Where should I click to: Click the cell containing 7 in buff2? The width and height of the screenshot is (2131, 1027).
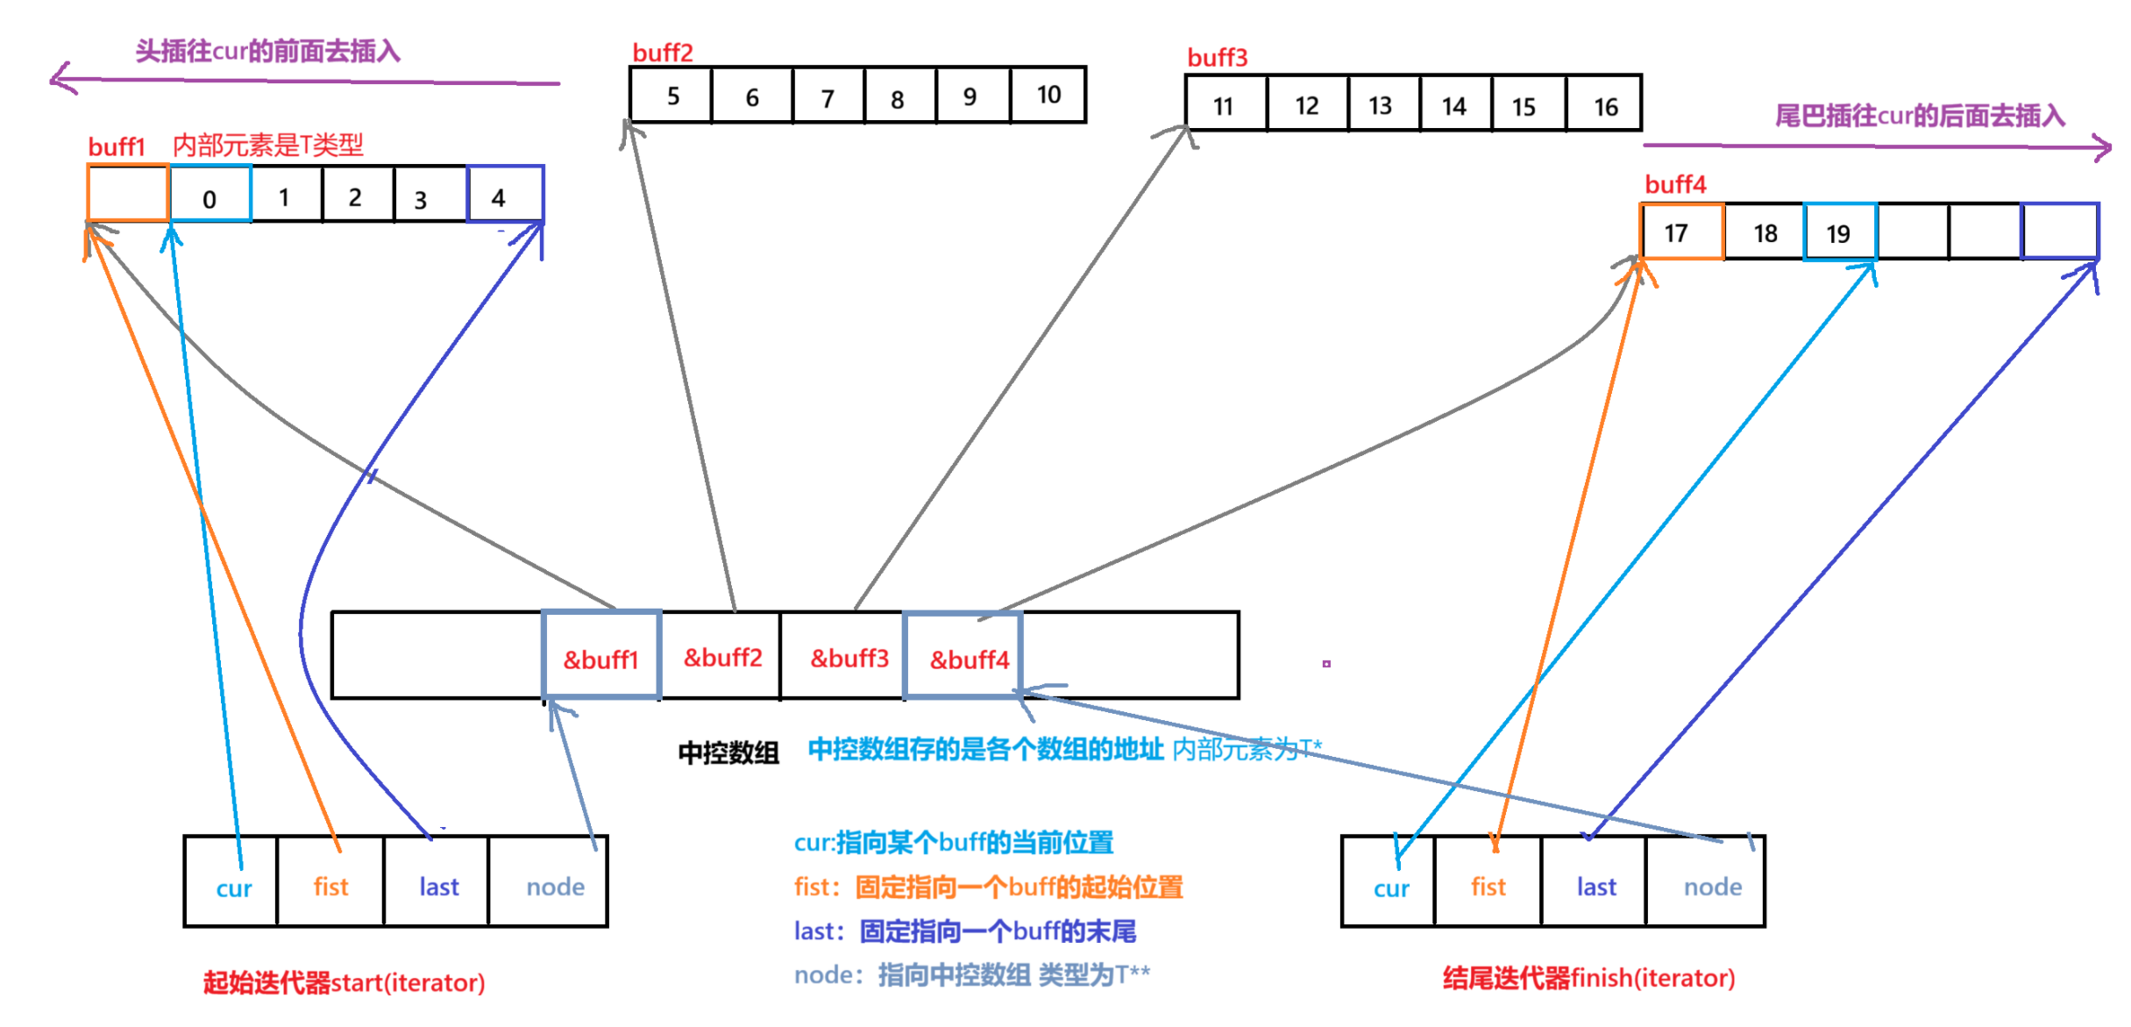coord(828,96)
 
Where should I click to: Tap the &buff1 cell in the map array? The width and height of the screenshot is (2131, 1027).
coord(601,656)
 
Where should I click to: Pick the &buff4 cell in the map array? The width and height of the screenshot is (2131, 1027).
coord(963,656)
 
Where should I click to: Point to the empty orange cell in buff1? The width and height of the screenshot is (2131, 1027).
coord(128,193)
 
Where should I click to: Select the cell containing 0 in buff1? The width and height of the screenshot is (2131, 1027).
coord(210,195)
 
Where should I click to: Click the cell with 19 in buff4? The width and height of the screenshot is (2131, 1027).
coord(1840,232)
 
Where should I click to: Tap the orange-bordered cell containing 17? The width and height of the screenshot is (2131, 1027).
coord(1682,232)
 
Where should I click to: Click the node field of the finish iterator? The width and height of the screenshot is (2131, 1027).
coord(1711,884)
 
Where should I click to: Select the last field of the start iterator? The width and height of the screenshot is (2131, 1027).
coord(437,884)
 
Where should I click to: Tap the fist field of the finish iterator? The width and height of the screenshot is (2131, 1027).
coord(1488,884)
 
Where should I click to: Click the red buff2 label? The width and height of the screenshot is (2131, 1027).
coord(662,53)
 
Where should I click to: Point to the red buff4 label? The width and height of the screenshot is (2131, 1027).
coord(1674,184)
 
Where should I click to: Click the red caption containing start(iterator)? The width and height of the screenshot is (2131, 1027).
coord(344,981)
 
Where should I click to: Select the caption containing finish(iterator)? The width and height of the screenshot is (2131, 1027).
coord(1588,977)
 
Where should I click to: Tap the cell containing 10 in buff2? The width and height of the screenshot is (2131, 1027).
coord(1048,95)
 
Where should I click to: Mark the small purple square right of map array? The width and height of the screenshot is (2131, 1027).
coord(1326,664)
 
